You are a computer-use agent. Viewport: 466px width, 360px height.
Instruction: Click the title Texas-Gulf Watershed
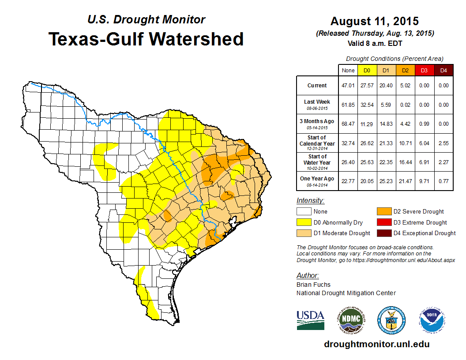pos(146,39)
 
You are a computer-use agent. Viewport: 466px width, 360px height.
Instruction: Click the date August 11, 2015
pos(374,21)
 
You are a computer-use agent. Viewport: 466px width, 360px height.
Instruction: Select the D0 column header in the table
pos(366,70)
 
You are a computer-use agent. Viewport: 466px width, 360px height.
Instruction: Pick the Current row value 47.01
pos(348,86)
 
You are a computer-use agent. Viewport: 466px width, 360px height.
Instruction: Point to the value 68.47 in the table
pos(348,124)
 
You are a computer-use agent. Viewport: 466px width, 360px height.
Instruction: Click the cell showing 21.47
pos(405,181)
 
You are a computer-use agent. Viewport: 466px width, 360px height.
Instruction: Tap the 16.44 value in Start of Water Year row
pos(405,162)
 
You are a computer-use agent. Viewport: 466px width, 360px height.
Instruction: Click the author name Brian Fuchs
pos(313,285)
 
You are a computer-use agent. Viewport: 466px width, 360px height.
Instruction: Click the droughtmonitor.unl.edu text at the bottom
pos(376,344)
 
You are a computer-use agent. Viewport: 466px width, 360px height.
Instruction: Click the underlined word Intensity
pos(310,201)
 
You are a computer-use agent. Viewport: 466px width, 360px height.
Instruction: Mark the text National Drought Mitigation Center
pos(346,293)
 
